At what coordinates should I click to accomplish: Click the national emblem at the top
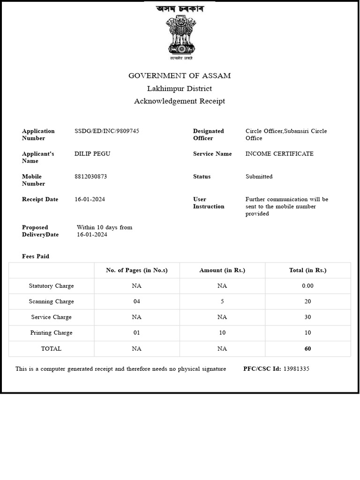click(180, 37)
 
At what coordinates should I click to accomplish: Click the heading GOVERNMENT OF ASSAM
click(180, 76)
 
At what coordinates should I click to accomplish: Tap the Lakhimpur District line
click(180, 89)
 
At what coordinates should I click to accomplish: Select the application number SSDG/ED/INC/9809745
click(107, 131)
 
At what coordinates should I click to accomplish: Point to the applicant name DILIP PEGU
click(92, 154)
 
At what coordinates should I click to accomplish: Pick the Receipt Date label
click(40, 199)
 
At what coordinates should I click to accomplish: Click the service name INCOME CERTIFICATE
click(279, 154)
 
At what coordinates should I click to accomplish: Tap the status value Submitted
click(259, 177)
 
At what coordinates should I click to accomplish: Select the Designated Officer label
click(209, 135)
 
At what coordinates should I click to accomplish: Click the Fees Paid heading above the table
click(36, 256)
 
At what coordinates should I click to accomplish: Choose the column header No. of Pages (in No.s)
click(137, 270)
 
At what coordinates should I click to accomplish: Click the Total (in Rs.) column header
click(307, 270)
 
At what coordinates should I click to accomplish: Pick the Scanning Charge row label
click(52, 301)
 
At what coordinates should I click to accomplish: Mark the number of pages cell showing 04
click(137, 301)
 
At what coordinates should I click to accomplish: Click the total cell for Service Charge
click(307, 317)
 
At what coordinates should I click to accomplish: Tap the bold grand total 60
click(307, 349)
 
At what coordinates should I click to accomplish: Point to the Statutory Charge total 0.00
click(307, 286)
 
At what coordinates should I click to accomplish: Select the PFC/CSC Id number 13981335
click(296, 369)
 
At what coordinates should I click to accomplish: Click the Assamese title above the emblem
click(180, 9)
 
